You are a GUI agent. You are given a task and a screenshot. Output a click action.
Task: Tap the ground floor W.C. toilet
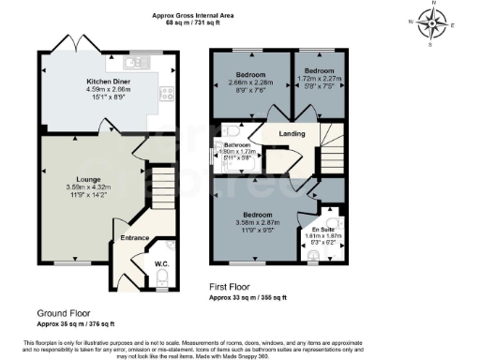(161, 280)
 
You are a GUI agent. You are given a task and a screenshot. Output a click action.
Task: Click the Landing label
(293, 134)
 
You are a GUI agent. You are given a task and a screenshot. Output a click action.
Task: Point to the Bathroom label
(236, 145)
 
